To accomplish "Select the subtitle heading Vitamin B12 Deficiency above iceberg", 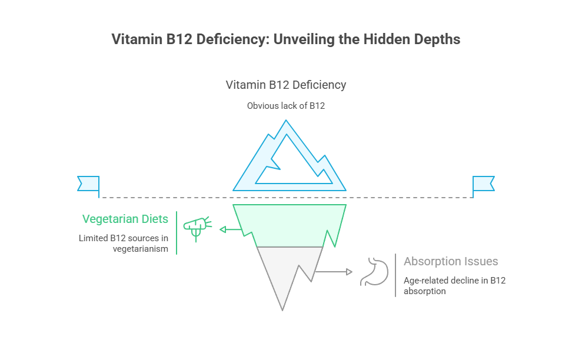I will pyautogui.click(x=286, y=85).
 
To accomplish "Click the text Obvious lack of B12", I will pyautogui.click(x=286, y=106).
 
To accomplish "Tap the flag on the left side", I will pyautogui.click(x=88, y=184).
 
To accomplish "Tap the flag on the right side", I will pyautogui.click(x=483, y=184).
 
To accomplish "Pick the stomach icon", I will pyautogui.click(x=376, y=271).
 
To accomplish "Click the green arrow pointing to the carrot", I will pyautogui.click(x=230, y=229).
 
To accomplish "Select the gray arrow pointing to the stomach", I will pyautogui.click(x=334, y=272).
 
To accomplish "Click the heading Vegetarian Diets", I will pyautogui.click(x=125, y=219).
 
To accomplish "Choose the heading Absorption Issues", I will pyautogui.click(x=451, y=262).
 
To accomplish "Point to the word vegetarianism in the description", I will pyautogui.click(x=141, y=249).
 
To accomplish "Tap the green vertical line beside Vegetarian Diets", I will pyautogui.click(x=177, y=233).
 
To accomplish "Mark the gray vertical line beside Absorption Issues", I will pyautogui.click(x=395, y=275).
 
